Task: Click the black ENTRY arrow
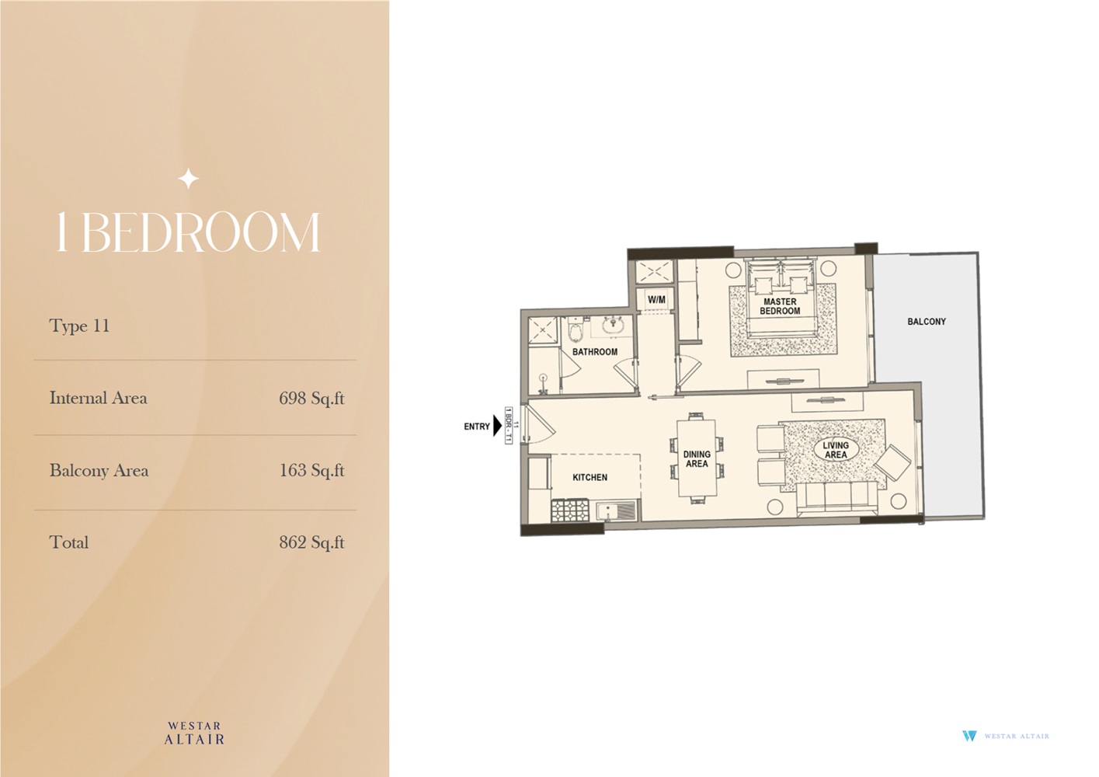pos(497,426)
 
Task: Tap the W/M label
pos(656,300)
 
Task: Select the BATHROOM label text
pos(595,352)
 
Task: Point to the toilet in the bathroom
pos(575,333)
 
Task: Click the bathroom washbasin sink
pos(613,325)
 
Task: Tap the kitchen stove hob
pos(569,510)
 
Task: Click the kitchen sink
pos(616,510)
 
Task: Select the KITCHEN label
pos(589,478)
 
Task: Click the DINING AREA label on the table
pos(697,459)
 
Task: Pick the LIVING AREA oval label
pos(836,450)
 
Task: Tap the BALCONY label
pos(927,322)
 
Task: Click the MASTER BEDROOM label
pos(780,306)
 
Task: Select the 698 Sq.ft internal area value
pos(311,399)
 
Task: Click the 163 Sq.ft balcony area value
pos(311,471)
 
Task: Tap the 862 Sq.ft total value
pos(311,543)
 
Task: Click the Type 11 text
pos(79,326)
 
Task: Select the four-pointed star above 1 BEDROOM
pos(188,179)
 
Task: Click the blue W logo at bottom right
pos(969,736)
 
